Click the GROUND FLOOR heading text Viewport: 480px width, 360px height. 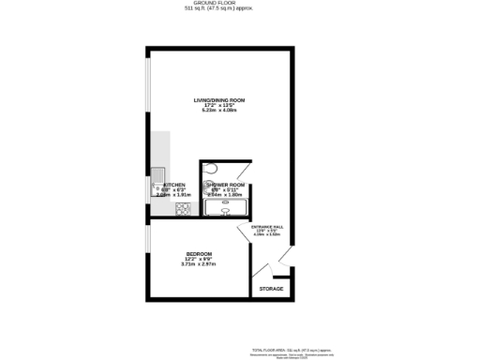pyautogui.click(x=218, y=3)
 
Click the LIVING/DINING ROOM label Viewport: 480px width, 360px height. pyautogui.click(x=218, y=99)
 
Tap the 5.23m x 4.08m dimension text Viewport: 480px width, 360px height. pyautogui.click(x=218, y=111)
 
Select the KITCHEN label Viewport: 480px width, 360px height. pyautogui.click(x=174, y=185)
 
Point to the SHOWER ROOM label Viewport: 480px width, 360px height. pyautogui.click(x=224, y=185)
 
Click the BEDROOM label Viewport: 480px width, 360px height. pyautogui.click(x=198, y=253)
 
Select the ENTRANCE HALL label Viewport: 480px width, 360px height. pyautogui.click(x=266, y=228)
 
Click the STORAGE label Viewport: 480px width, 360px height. pyautogui.click(x=271, y=289)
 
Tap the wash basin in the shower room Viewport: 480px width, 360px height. pyautogui.click(x=225, y=210)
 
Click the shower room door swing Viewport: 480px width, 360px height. pyautogui.click(x=243, y=173)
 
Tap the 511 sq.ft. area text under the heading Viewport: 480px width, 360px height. pyautogui.click(x=218, y=9)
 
